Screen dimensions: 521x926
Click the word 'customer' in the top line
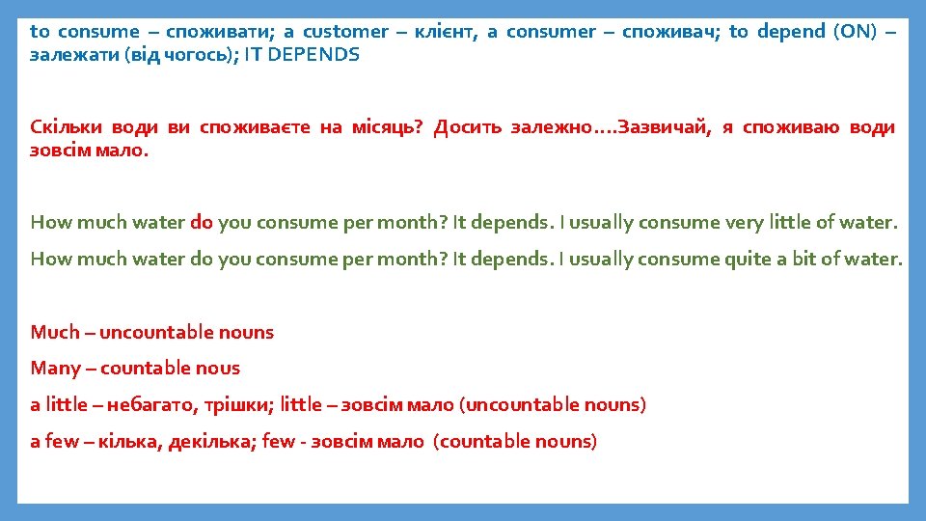point(348,31)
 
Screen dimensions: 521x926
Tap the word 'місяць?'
point(388,127)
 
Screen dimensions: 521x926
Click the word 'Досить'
point(468,127)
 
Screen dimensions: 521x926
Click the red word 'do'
point(202,223)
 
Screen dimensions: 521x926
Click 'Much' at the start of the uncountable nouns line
point(54,333)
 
